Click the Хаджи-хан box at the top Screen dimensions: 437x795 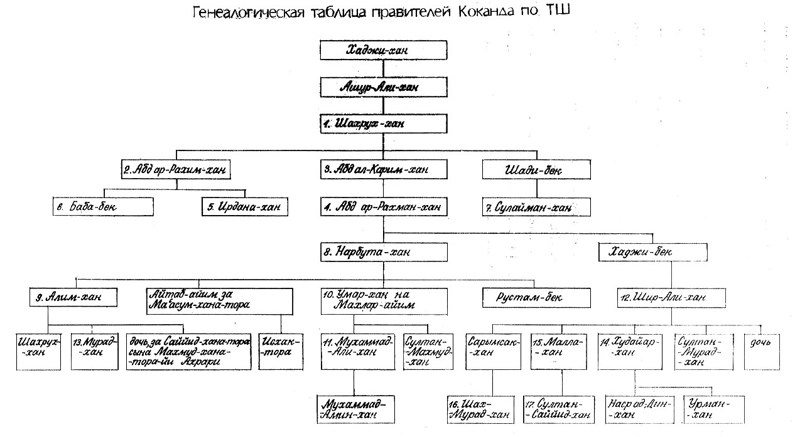tap(383, 51)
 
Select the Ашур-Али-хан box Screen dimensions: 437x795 tap(383, 87)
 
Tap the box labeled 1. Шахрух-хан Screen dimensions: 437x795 tap(383, 124)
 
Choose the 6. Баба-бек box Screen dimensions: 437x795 tap(103, 206)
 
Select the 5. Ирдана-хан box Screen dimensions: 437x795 tap(244, 206)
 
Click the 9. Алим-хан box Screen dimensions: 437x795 tap(73, 297)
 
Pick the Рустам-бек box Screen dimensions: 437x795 tap(536, 297)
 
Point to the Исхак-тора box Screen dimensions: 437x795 tap(280, 347)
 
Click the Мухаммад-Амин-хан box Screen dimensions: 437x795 tap(350, 409)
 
